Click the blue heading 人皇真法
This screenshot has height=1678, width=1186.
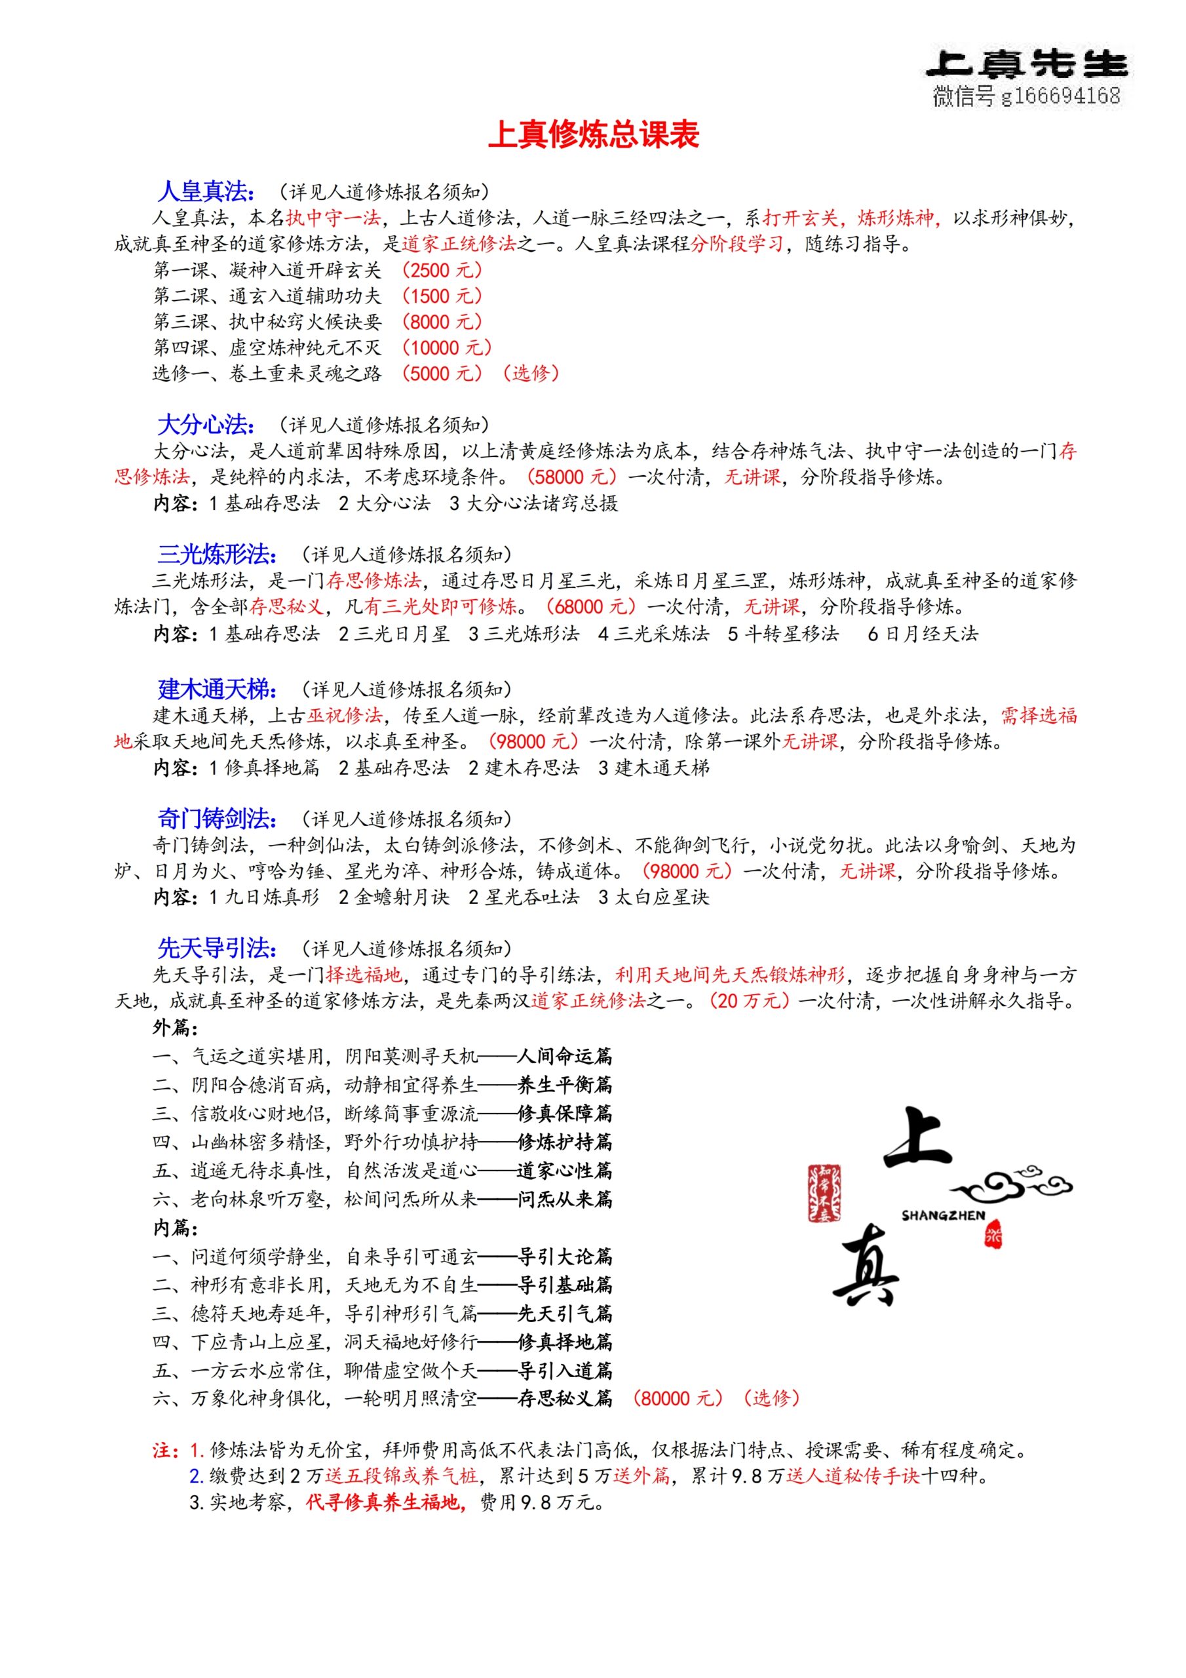tap(205, 191)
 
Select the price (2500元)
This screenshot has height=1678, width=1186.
tap(442, 271)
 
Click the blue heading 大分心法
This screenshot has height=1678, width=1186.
tap(205, 425)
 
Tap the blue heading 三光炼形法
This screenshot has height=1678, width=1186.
tap(216, 555)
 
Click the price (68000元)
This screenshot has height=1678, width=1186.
tap(590, 606)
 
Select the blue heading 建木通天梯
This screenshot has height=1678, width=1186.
tap(216, 689)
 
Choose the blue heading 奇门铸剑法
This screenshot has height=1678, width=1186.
tap(216, 819)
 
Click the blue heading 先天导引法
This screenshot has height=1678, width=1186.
tap(216, 948)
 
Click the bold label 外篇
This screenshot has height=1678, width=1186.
tap(176, 1028)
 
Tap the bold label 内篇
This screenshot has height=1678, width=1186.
tap(176, 1228)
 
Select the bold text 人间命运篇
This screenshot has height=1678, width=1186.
tap(565, 1056)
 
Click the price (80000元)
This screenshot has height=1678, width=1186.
tap(677, 1398)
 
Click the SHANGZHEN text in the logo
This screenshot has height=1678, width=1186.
tap(943, 1215)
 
